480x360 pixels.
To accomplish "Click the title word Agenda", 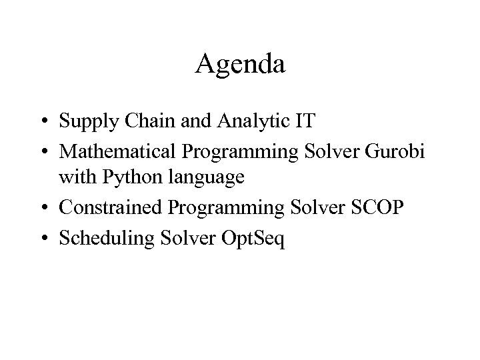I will click(x=240, y=65).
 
